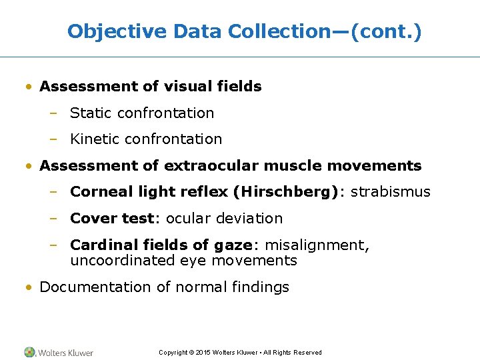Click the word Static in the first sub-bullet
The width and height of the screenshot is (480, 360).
(x=91, y=113)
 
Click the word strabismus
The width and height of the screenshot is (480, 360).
(x=391, y=192)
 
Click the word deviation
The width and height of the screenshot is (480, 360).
(x=253, y=219)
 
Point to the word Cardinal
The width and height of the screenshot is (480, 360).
(x=101, y=245)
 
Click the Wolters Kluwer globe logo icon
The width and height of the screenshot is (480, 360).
(x=30, y=352)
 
